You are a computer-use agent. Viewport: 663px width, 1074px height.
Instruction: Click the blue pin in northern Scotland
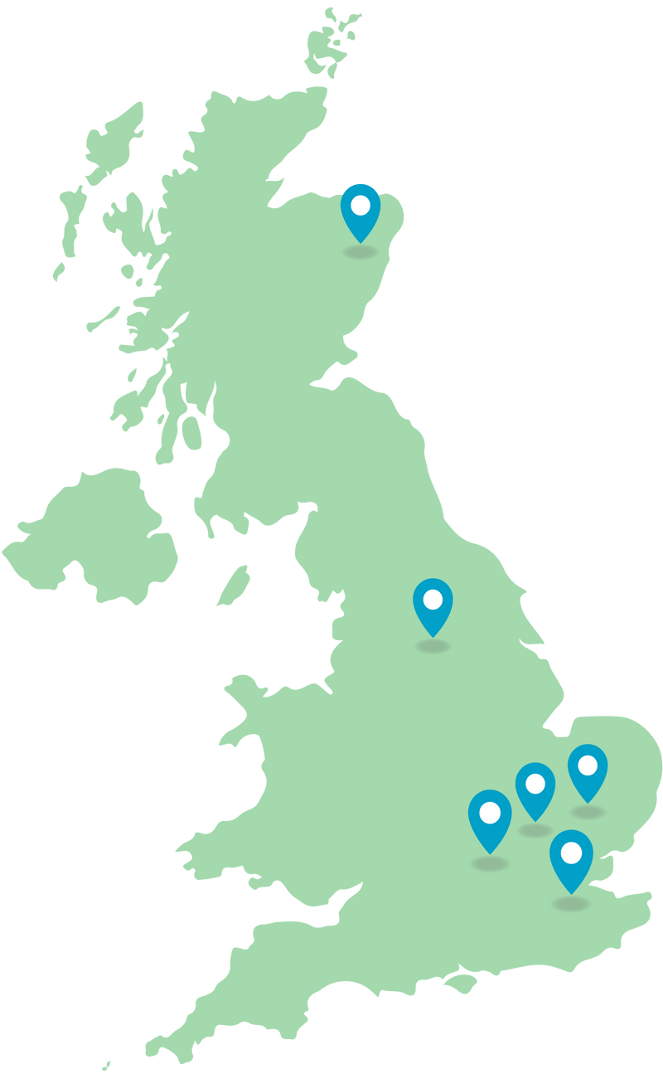click(361, 212)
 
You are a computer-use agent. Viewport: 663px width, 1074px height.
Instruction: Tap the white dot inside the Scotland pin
click(361, 204)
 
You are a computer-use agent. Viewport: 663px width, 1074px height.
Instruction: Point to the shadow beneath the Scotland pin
click(361, 251)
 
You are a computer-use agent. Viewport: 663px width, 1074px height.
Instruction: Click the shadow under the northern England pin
click(433, 645)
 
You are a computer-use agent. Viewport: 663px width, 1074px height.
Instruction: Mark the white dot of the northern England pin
click(433, 599)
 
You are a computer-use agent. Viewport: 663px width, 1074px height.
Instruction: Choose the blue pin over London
click(572, 861)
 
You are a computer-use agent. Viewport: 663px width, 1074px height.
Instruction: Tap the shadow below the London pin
click(572, 902)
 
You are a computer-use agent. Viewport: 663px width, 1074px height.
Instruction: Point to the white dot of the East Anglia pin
click(588, 765)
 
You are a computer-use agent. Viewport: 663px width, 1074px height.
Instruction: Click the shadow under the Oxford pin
click(490, 863)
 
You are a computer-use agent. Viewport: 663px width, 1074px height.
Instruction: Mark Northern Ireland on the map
click(91, 539)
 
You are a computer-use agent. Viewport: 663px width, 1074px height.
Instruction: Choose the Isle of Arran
click(191, 432)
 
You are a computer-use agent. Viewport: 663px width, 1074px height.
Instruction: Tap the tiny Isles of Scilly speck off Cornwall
click(106, 1066)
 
